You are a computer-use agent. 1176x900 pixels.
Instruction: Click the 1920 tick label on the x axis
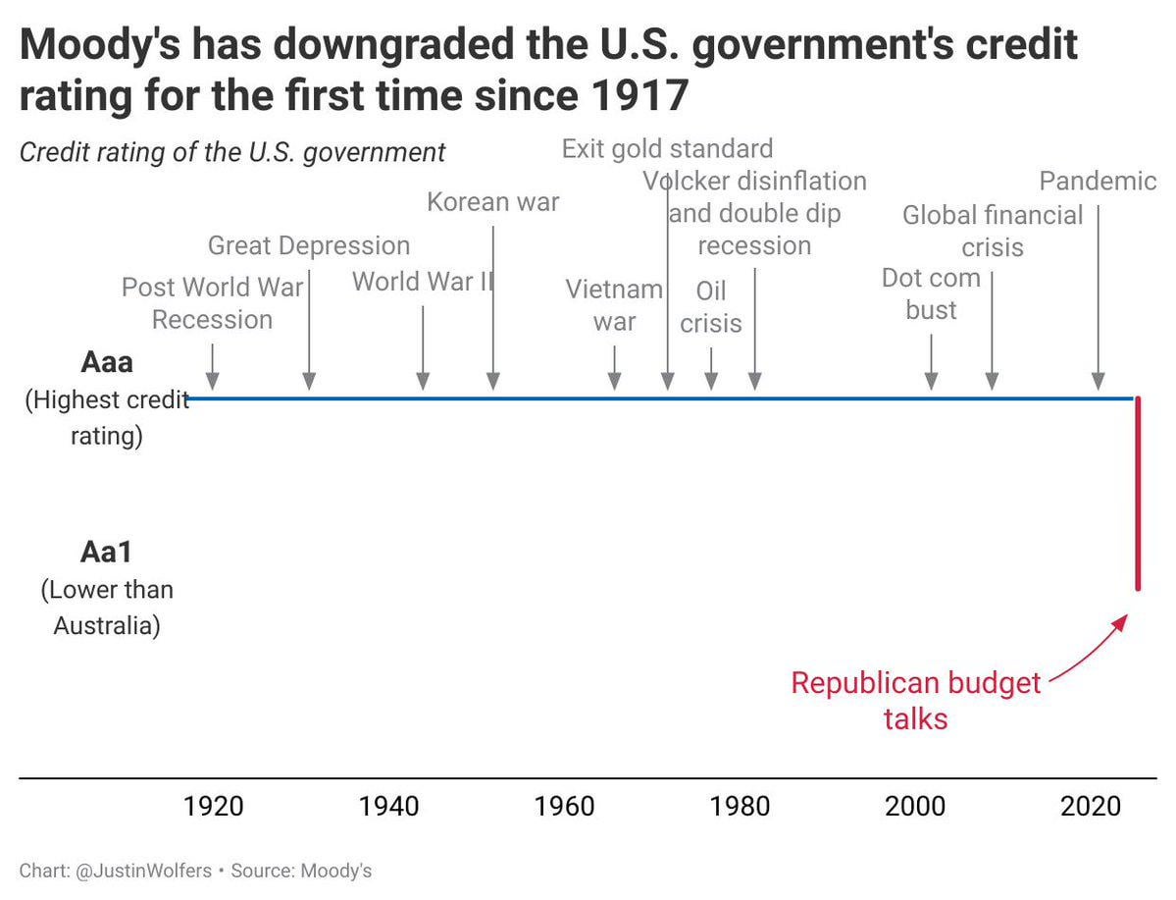213,807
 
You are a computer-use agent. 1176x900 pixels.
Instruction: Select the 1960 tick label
564,807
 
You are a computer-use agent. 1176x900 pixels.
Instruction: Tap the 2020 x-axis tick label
1091,807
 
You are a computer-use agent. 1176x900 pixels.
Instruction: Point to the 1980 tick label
740,807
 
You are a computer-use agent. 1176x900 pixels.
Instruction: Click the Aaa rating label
106,363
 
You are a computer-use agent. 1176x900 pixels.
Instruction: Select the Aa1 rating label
106,553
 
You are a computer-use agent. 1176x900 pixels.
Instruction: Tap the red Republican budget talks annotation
915,701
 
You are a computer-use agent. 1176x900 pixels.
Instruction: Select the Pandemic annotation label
1098,182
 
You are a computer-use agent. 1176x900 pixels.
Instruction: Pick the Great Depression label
309,245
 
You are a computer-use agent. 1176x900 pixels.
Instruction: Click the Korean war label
492,203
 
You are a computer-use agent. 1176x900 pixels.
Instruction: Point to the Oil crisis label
711,307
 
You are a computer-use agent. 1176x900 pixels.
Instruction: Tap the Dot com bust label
931,294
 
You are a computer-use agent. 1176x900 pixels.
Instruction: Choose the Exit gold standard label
667,149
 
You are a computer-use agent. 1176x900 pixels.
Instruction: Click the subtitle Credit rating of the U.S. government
232,153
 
